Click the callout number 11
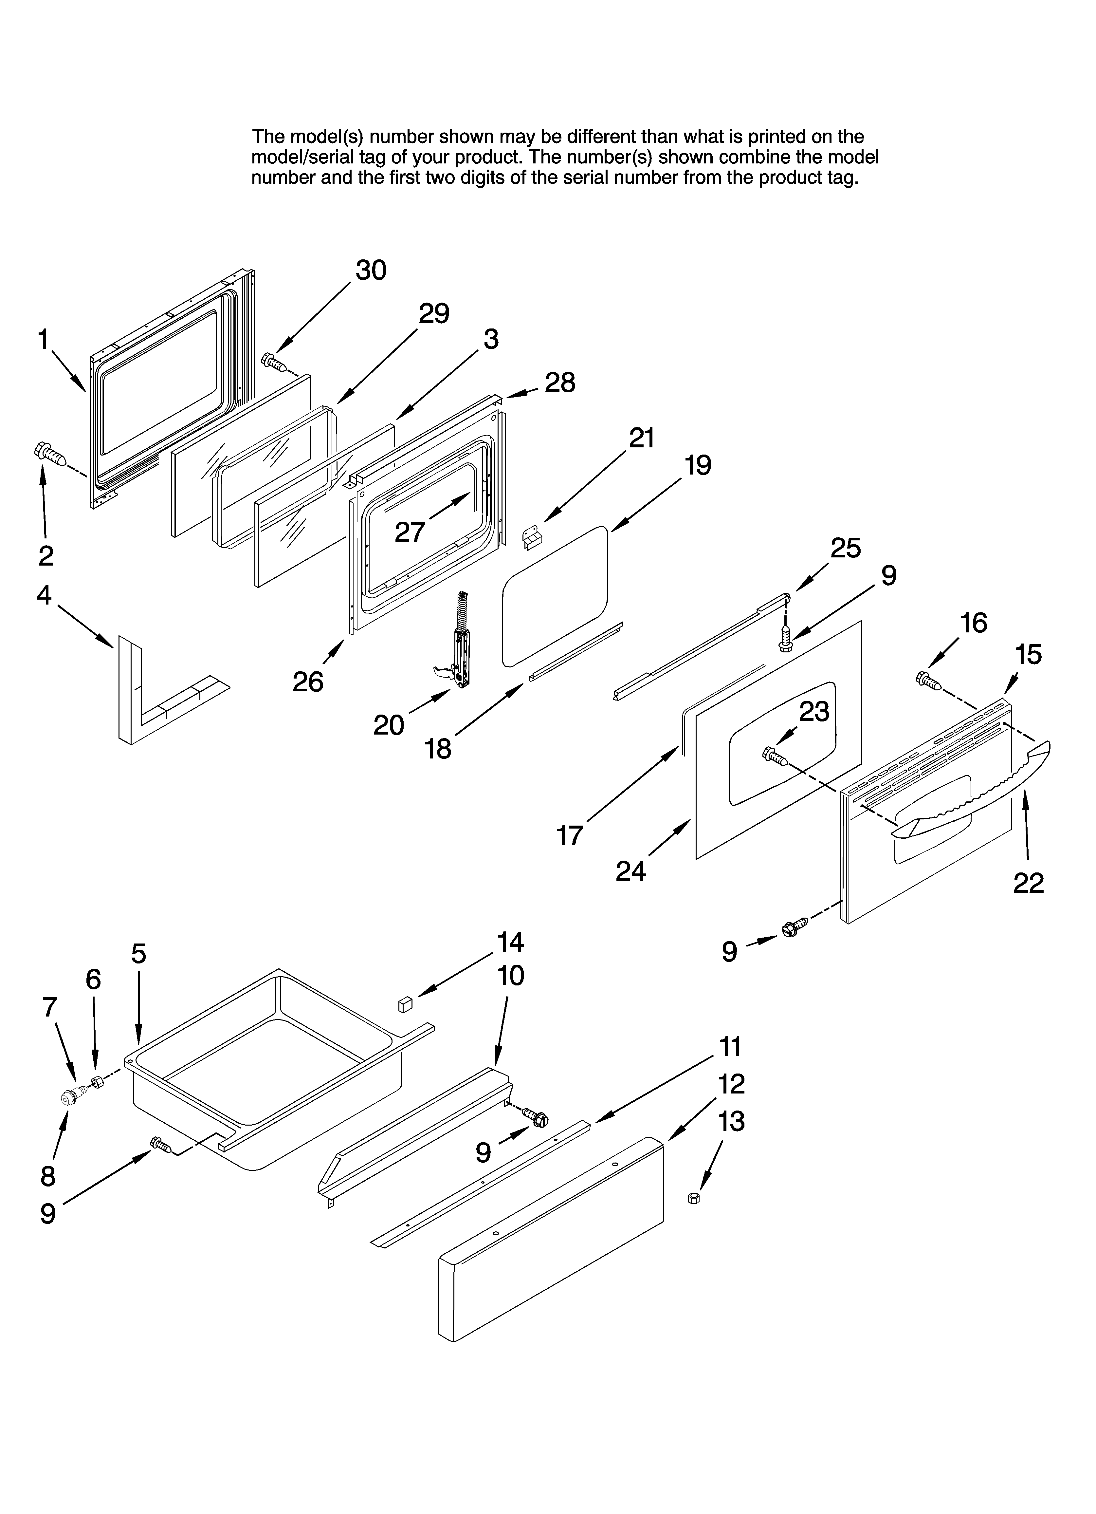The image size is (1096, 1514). point(731,1047)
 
